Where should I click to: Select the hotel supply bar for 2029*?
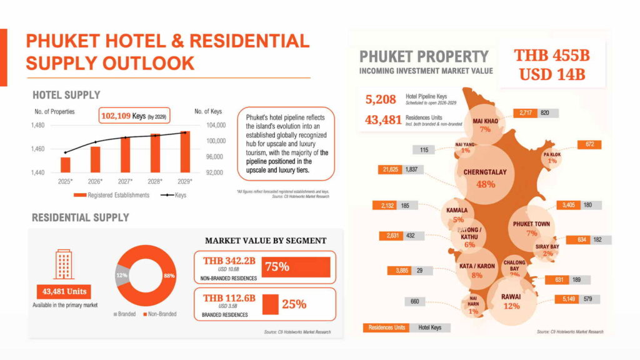[184, 152]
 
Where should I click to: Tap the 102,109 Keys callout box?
[134, 116]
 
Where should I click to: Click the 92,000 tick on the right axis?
[211, 172]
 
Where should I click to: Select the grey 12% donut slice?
[121, 275]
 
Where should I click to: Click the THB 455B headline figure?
[551, 55]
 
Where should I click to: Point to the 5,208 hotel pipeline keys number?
[381, 98]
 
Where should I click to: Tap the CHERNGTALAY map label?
[485, 172]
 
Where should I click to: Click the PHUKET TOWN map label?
[531, 224]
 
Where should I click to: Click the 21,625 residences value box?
[391, 169]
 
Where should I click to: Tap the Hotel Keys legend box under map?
[429, 327]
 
